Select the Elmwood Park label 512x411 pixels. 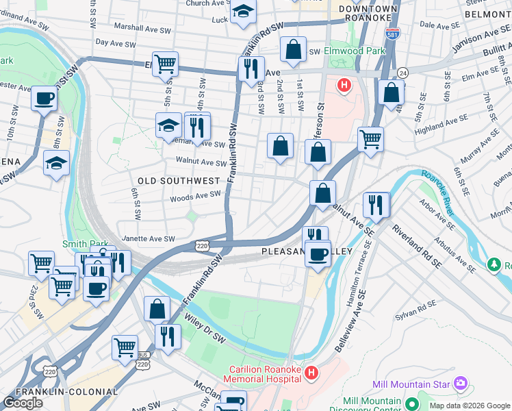click(364, 51)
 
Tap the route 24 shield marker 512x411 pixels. click(403, 73)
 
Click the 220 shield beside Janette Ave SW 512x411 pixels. click(201, 245)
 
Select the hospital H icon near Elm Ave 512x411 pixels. click(344, 86)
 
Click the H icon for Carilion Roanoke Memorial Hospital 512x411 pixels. click(311, 373)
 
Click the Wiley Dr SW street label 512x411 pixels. click(205, 328)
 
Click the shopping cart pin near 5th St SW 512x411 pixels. click(165, 64)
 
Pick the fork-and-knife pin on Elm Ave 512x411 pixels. click(251, 68)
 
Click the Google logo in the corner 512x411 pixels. click(23, 403)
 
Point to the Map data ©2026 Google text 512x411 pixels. click(469, 406)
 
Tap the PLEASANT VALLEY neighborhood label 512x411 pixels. click(307, 252)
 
